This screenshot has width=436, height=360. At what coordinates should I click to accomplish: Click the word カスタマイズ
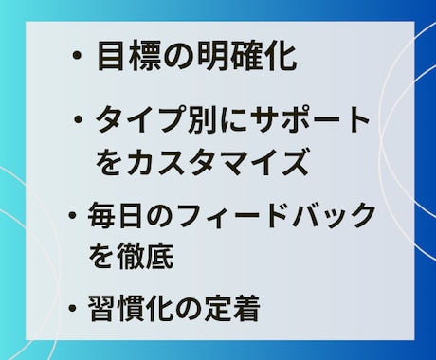[216, 162]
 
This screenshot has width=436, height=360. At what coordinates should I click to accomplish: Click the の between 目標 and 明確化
[173, 58]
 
